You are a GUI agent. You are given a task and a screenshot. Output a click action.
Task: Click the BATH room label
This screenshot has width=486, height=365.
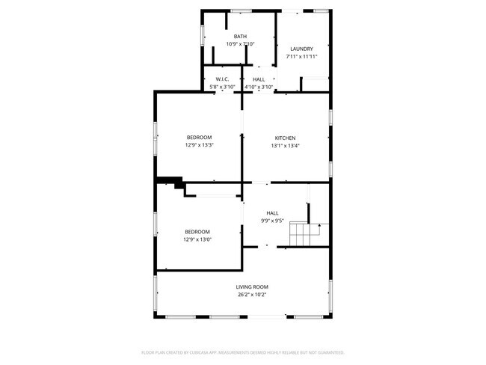coord(240,37)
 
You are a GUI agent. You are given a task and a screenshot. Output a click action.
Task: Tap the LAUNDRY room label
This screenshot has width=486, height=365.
coord(302,49)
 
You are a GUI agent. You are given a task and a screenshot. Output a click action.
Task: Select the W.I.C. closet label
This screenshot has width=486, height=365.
coord(221,79)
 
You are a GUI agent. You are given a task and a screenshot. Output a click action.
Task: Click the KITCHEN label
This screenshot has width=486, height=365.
coord(285,138)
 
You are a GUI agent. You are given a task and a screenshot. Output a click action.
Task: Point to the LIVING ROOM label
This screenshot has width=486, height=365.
coord(252,286)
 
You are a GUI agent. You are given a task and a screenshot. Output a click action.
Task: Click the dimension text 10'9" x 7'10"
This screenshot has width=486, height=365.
coord(240,44)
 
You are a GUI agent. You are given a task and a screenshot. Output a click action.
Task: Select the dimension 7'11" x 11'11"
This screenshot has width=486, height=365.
coord(302,57)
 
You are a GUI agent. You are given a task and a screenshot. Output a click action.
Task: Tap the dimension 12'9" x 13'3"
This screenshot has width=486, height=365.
coord(199,145)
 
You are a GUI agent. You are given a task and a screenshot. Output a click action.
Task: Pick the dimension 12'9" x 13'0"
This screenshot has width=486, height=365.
coord(197,240)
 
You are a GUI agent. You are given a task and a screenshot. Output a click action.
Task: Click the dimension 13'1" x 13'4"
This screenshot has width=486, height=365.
coord(285,146)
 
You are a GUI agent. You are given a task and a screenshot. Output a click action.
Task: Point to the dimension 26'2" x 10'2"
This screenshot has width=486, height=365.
coord(252,295)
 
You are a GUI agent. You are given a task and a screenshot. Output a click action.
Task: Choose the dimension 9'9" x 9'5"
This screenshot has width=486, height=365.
coord(272,221)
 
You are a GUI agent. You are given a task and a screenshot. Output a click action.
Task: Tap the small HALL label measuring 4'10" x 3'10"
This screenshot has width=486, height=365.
coord(259,79)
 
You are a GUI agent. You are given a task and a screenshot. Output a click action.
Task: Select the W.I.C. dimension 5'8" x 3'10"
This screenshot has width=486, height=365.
coord(221,87)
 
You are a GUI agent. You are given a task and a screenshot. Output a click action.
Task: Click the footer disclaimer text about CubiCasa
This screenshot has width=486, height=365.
coord(242,352)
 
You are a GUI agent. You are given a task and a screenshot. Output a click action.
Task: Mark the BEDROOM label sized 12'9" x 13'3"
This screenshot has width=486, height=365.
coord(199,137)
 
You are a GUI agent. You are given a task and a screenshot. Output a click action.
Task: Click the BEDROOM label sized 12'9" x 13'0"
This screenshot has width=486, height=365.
coord(197,232)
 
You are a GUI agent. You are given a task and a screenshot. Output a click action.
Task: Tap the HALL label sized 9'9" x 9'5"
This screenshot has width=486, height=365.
coord(272,213)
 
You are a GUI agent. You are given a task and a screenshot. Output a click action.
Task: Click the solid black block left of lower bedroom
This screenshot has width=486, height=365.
coord(171,181)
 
